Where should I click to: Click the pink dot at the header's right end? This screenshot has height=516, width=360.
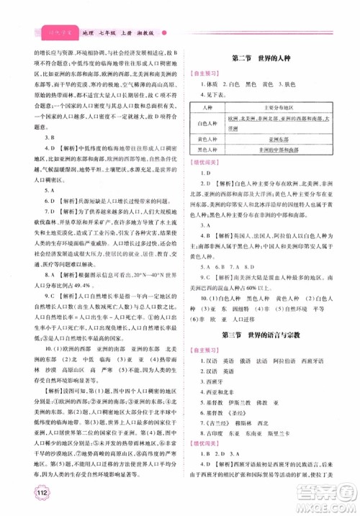click(x=166, y=32)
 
